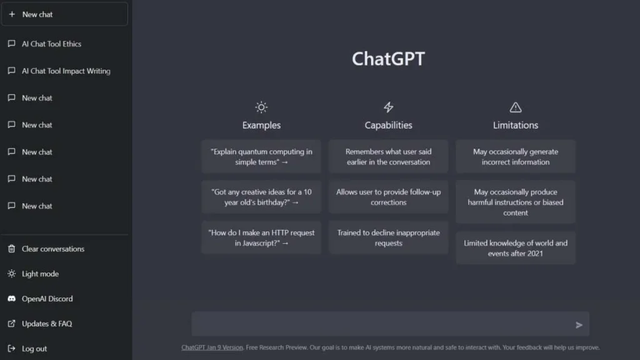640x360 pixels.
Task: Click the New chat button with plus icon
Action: [x=64, y=14]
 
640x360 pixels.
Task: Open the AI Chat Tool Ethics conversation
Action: [x=51, y=44]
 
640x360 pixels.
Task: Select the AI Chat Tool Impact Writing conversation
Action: [x=66, y=71]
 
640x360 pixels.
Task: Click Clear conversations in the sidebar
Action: [x=52, y=249]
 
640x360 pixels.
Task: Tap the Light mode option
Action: [x=40, y=274]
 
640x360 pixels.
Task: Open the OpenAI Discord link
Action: [x=47, y=299]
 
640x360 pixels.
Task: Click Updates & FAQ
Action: [x=46, y=324]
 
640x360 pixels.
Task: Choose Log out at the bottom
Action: [x=34, y=349]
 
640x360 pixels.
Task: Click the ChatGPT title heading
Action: [x=388, y=59]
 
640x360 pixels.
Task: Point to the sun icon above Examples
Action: [x=261, y=107]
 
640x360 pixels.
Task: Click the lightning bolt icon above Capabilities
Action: [x=388, y=107]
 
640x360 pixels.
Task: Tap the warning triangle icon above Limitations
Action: [x=516, y=107]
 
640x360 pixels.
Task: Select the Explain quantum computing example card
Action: [x=261, y=157]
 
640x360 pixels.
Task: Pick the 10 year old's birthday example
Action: [x=261, y=197]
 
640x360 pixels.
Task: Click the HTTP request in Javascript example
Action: [x=261, y=237]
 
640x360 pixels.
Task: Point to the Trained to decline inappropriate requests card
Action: [x=388, y=237]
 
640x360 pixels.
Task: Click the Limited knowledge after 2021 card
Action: [x=516, y=248]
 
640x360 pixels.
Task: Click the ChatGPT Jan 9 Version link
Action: [x=212, y=347]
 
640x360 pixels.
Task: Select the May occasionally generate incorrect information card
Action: [x=516, y=157]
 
